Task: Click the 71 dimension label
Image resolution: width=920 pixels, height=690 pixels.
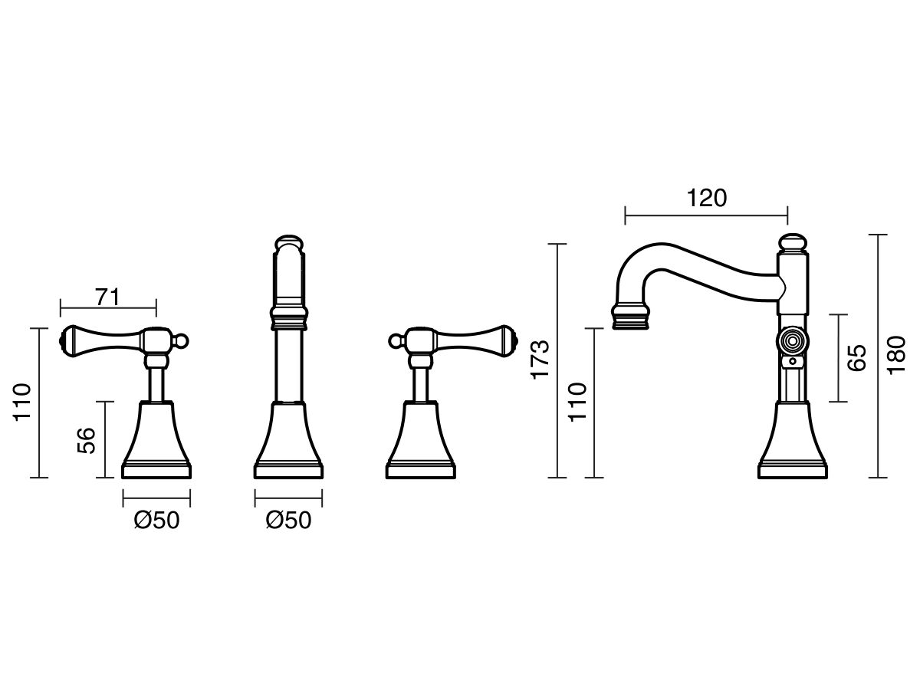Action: [x=108, y=297]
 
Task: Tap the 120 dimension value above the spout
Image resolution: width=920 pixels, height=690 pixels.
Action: [x=706, y=198]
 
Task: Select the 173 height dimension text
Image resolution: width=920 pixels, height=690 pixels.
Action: [x=540, y=360]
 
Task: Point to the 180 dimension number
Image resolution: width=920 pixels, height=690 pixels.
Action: [x=896, y=355]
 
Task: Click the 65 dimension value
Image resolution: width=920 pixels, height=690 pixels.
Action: [x=856, y=358]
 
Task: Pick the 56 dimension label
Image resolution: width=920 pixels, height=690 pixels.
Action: [x=87, y=440]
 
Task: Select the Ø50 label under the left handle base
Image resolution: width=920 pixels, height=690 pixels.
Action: [x=156, y=521]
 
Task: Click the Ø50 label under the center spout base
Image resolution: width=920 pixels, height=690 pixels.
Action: [x=289, y=521]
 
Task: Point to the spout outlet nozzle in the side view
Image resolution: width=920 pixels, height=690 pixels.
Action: [x=630, y=317]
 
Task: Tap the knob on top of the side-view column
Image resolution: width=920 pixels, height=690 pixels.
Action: [x=791, y=243]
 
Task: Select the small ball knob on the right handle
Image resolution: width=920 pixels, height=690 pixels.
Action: [x=395, y=341]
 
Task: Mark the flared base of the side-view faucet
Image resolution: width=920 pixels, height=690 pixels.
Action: [x=793, y=440]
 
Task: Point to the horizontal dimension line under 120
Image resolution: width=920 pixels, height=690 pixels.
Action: [x=706, y=216]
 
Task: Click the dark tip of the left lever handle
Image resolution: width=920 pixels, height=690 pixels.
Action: [x=64, y=340]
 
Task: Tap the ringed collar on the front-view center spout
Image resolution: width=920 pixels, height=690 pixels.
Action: [x=289, y=318]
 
